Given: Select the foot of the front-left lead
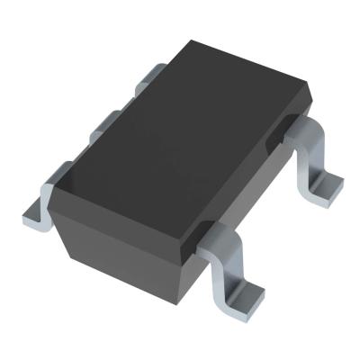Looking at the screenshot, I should (x=33, y=212).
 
